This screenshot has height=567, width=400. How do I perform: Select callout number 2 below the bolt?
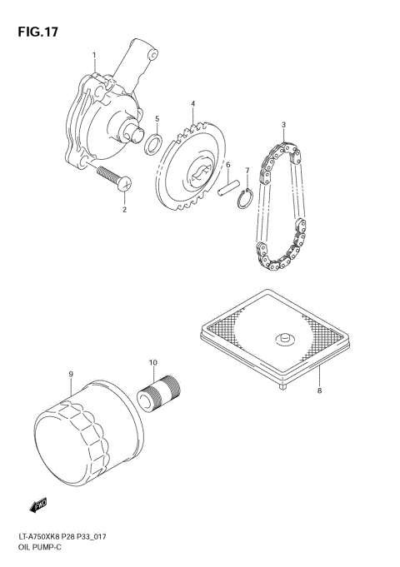(124, 210)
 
